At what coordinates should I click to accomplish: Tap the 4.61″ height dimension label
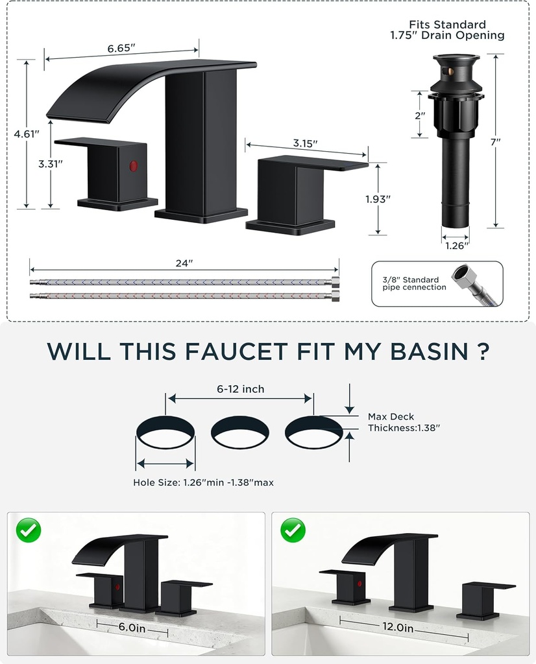pyautogui.click(x=26, y=134)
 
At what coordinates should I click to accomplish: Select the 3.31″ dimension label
pyautogui.click(x=50, y=164)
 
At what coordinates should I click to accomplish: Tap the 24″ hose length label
pyautogui.click(x=184, y=263)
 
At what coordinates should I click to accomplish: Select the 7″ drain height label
pyautogui.click(x=496, y=141)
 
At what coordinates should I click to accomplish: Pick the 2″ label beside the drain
pyautogui.click(x=420, y=115)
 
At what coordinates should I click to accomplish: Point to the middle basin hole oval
pyautogui.click(x=240, y=433)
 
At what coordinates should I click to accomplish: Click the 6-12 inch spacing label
pyautogui.click(x=240, y=389)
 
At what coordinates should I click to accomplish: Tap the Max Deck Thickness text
pyautogui.click(x=404, y=422)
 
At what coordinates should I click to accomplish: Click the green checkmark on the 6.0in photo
pyautogui.click(x=28, y=530)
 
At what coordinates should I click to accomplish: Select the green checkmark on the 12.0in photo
pyautogui.click(x=293, y=530)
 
